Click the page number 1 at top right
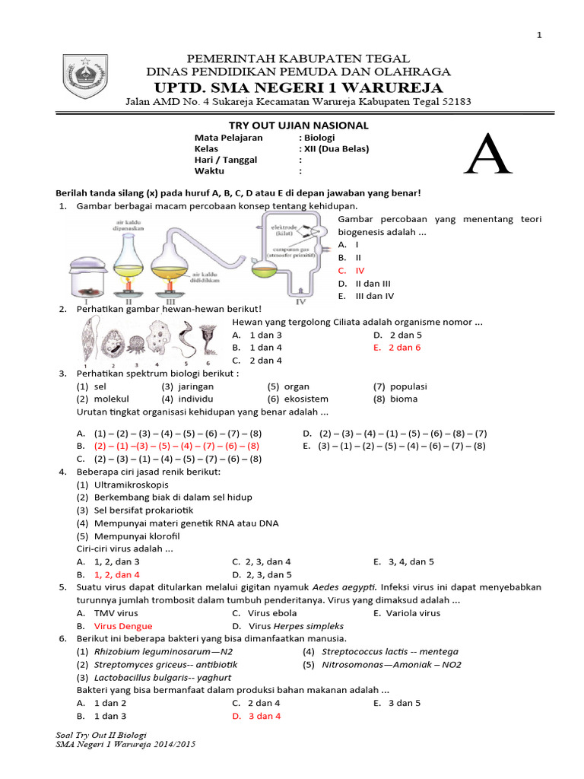coord(540,35)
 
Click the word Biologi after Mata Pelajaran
coord(319,138)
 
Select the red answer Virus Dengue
coord(122,626)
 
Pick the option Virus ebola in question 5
coord(272,613)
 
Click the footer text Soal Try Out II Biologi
coord(101,736)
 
